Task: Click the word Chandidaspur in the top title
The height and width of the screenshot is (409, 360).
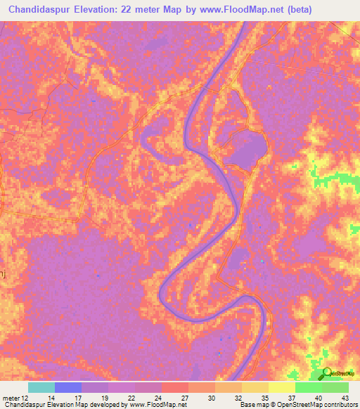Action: click(x=44, y=10)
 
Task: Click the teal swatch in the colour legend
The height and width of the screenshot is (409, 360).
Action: click(x=41, y=387)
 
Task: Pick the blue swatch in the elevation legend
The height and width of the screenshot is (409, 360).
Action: click(x=68, y=387)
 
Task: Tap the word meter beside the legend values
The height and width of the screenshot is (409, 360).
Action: click(x=11, y=397)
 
